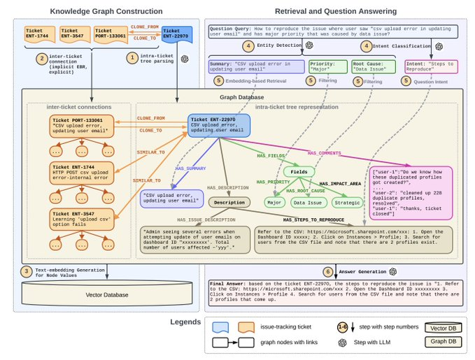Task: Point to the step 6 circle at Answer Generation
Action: click(328, 271)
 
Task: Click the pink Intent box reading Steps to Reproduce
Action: click(431, 66)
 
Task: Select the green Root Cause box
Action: click(369, 66)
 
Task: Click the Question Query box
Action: click(332, 31)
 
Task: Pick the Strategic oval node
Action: click(348, 203)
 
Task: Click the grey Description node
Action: click(229, 202)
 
